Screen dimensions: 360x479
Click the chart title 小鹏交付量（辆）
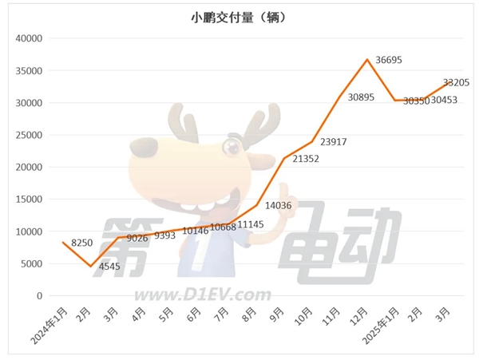pyautogui.click(x=239, y=17)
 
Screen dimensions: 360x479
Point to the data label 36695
pyautogui.click(x=390, y=61)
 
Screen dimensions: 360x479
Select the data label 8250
pyautogui.click(x=83, y=243)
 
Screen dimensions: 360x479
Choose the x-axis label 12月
pyautogui.click(x=358, y=314)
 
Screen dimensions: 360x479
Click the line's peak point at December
pyautogui.click(x=366, y=59)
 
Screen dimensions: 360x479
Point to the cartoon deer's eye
pyautogui.click(x=232, y=145)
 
